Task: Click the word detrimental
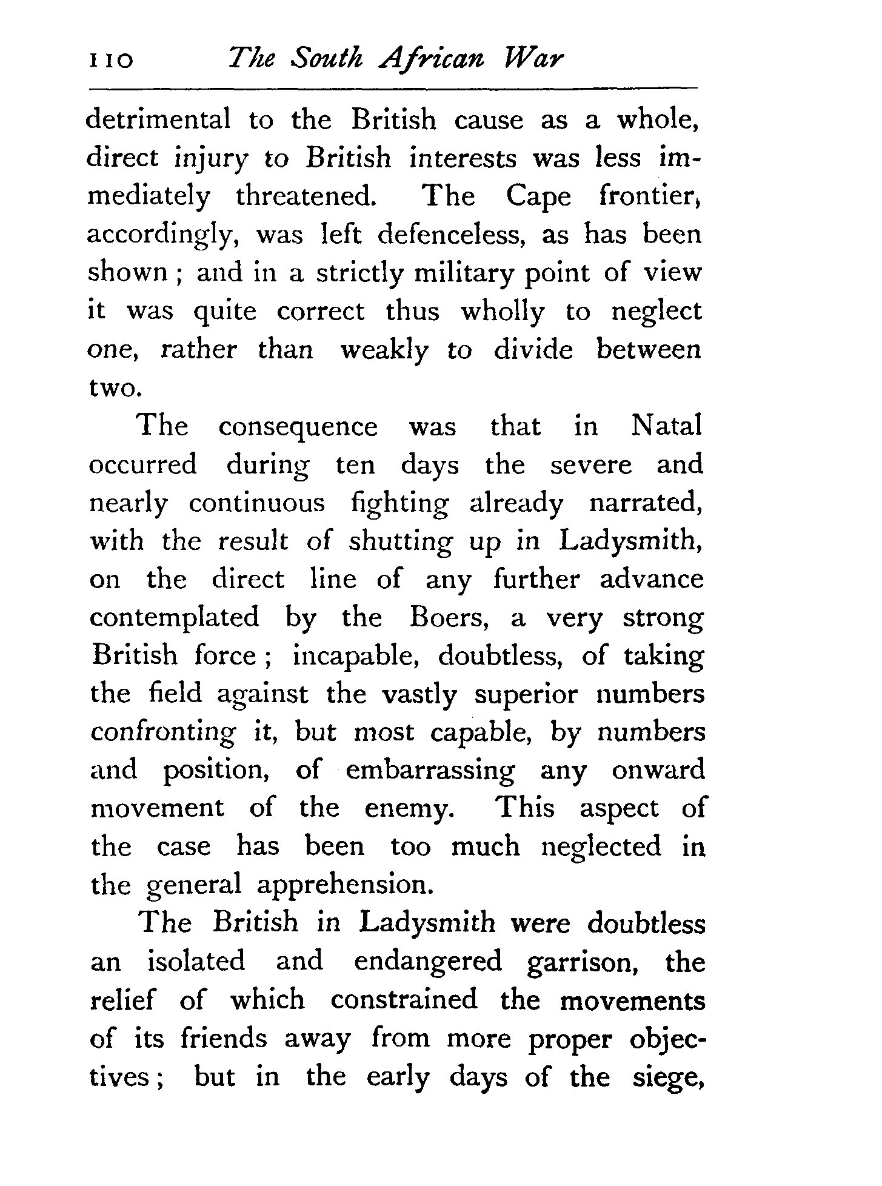[159, 119]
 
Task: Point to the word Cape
[538, 197]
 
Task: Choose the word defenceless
[452, 235]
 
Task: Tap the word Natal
[666, 426]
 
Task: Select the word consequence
[298, 427]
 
